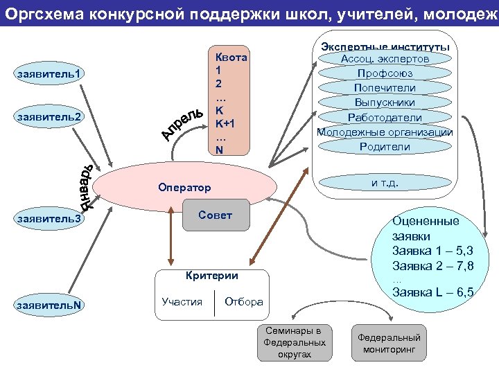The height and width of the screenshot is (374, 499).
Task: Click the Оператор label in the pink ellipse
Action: [x=184, y=188]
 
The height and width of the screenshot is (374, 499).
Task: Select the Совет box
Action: [x=216, y=215]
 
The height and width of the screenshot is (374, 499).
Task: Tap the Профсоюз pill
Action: [x=385, y=73]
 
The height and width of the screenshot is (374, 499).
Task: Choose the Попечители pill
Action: [x=385, y=88]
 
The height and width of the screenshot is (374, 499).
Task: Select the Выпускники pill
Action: [x=385, y=103]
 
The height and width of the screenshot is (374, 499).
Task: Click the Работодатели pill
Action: [x=385, y=117]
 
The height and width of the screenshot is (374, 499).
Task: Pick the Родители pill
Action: [x=385, y=146]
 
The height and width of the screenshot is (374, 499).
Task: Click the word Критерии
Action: [x=211, y=276]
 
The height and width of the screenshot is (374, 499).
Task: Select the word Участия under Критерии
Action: [x=182, y=301]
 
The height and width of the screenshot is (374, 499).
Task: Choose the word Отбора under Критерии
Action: [x=244, y=301]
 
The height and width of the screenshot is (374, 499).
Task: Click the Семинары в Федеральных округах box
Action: [x=294, y=342]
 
